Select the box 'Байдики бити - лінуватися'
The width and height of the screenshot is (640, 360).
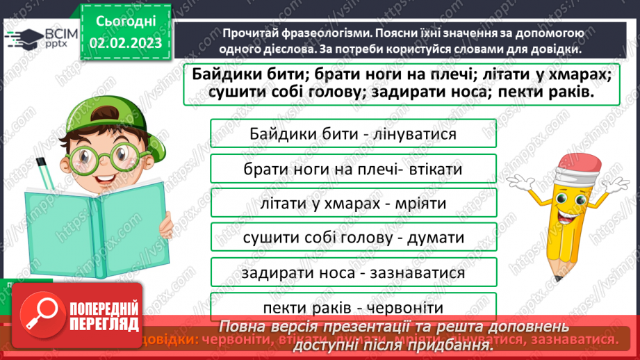pos(353,133)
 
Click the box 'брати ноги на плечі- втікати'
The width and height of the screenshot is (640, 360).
pos(353,169)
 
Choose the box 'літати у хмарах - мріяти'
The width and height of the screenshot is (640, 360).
pos(353,204)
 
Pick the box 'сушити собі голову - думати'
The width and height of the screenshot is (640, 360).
pos(353,238)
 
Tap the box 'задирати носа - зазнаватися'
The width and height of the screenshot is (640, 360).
pos(353,272)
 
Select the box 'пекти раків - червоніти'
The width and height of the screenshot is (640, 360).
pos(353,307)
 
